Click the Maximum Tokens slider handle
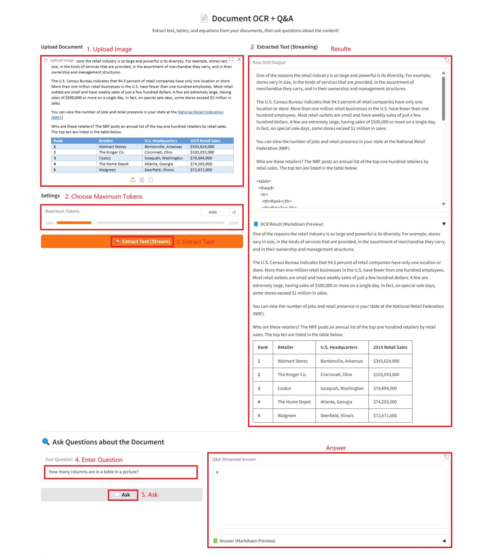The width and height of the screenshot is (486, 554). pyautogui.click(x=94, y=223)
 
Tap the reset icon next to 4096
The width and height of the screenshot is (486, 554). pyautogui.click(x=234, y=212)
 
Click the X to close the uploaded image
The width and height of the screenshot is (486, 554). pyautogui.click(x=239, y=59)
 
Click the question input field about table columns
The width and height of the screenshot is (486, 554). pyautogui.click(x=121, y=472)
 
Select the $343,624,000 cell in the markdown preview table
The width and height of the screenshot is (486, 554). pyautogui.click(x=386, y=361)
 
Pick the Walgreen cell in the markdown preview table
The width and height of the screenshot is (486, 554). pyautogui.click(x=287, y=416)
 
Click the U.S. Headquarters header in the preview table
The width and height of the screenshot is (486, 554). pyautogui.click(x=339, y=347)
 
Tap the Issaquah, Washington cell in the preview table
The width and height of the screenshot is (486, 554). pyautogui.click(x=342, y=388)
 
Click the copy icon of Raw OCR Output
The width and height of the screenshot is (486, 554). pyautogui.click(x=446, y=59)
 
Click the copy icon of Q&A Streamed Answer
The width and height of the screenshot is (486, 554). pyautogui.click(x=446, y=456)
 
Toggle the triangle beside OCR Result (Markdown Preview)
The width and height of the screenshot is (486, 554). pyautogui.click(x=444, y=224)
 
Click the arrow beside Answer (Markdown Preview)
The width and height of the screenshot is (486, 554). pyautogui.click(x=444, y=541)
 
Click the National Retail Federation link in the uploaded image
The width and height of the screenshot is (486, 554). pyautogui.click(x=201, y=112)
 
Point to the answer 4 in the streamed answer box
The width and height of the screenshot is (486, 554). pyautogui.click(x=217, y=472)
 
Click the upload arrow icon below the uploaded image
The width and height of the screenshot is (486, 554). pyautogui.click(x=133, y=180)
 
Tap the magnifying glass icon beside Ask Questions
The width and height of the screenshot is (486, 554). pyautogui.click(x=46, y=442)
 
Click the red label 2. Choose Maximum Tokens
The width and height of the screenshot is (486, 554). pyautogui.click(x=104, y=196)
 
